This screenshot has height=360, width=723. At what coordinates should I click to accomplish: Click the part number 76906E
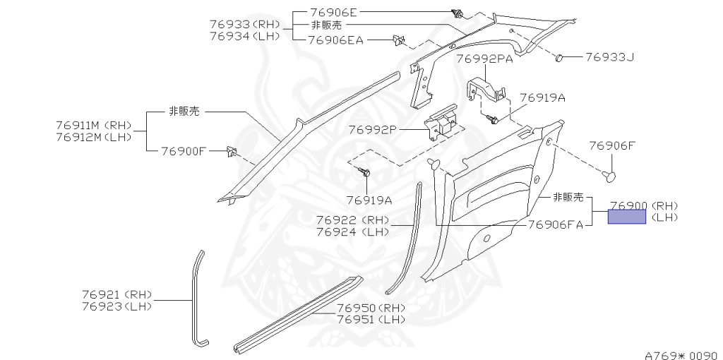[x=334, y=13]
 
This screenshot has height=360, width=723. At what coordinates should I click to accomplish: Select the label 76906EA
[x=337, y=40]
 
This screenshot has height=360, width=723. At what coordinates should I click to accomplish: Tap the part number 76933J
[x=609, y=56]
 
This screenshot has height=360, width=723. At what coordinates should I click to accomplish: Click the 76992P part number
[x=373, y=130]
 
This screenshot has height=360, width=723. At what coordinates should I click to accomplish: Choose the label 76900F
[x=184, y=150]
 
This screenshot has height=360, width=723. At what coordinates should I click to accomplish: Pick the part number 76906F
[x=612, y=146]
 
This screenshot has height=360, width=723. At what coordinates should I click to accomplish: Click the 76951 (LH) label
[x=371, y=319]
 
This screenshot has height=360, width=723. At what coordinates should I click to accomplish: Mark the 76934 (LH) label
[x=245, y=36]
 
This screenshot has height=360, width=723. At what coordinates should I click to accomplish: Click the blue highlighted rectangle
[x=627, y=217]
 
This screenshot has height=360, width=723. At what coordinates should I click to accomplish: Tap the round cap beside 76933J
[x=559, y=56]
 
